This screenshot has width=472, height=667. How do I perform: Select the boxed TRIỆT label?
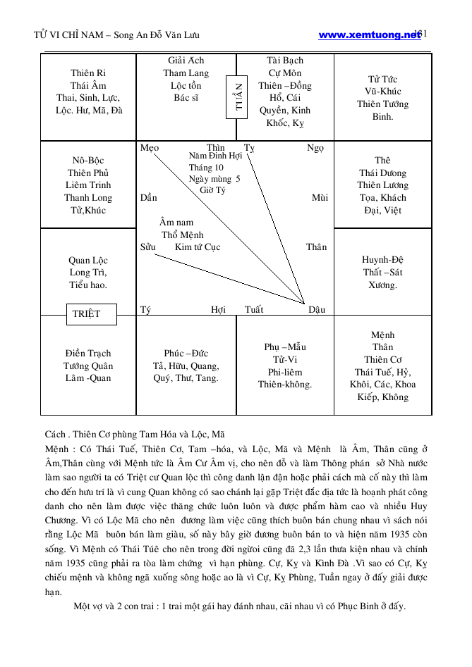click(86, 314)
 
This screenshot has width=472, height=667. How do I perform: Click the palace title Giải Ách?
click(186, 61)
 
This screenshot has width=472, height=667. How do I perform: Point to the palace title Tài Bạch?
click(285, 61)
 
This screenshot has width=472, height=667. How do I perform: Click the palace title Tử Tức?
click(382, 79)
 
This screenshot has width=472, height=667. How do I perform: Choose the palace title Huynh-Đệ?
click(382, 260)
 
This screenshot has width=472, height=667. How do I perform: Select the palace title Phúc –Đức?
click(186, 354)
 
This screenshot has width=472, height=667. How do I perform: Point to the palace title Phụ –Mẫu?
click(285, 347)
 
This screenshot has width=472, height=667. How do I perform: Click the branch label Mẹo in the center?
click(150, 148)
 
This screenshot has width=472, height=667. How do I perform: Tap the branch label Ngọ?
click(315, 148)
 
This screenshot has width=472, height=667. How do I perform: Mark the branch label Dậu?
click(317, 309)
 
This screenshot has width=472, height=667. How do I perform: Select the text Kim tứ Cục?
click(198, 247)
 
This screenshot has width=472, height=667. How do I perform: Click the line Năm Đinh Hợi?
click(216, 155)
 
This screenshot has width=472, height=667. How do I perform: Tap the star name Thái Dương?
click(382, 173)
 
